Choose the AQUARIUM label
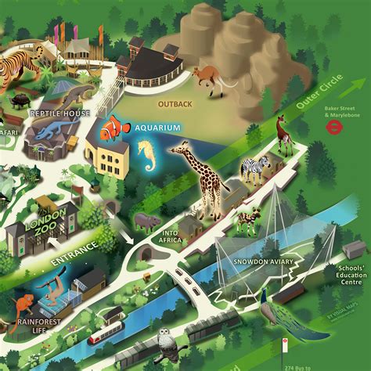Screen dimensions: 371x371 pyautogui.click(x=157, y=128)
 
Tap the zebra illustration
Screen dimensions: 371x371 pyautogui.click(x=255, y=167)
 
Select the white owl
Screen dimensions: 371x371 pyautogui.click(x=165, y=338)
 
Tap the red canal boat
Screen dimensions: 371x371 pyautogui.click(x=104, y=332)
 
